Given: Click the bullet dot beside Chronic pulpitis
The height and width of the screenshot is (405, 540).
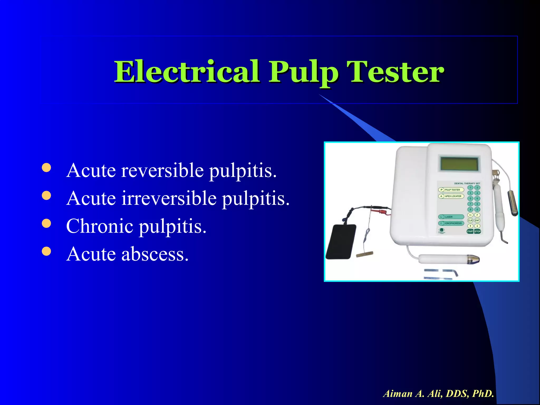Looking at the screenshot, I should pyautogui.click(x=46, y=224).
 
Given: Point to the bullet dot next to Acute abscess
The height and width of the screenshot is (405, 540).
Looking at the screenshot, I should pyautogui.click(x=46, y=252).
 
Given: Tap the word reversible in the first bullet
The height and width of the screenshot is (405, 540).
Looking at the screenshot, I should pyautogui.click(x=162, y=170).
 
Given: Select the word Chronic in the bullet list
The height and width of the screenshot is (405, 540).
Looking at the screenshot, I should pyautogui.click(x=100, y=226).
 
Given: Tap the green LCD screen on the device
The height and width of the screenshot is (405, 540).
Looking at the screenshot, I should pyautogui.click(x=459, y=164).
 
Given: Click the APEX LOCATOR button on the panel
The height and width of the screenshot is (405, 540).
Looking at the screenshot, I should pyautogui.click(x=451, y=196).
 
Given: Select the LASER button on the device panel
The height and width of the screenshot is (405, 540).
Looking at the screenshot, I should pyautogui.click(x=451, y=217).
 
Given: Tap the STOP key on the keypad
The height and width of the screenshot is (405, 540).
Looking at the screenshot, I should pyautogui.click(x=478, y=232).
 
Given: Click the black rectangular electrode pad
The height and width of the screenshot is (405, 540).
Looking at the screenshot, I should pyautogui.click(x=341, y=242).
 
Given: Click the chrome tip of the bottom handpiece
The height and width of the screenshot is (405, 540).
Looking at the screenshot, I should pyautogui.click(x=473, y=260).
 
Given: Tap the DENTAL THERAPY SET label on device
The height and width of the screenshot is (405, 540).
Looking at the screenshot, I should pyautogui.click(x=467, y=183).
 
